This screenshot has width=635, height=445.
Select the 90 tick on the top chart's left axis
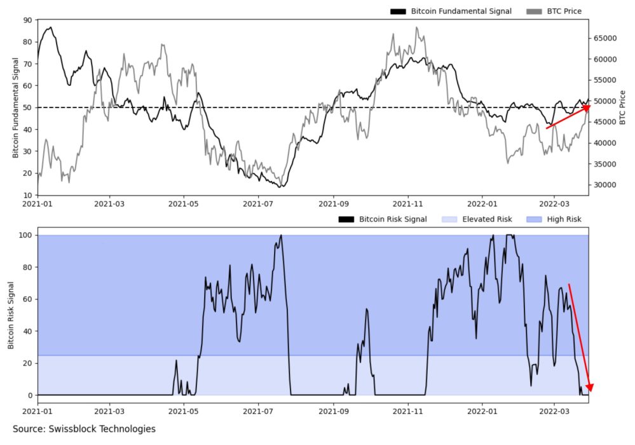pyautogui.click(x=27, y=20)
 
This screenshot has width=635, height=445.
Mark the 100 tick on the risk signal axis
pyautogui.click(x=25, y=236)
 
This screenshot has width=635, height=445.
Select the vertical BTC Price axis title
pyautogui.click(x=623, y=107)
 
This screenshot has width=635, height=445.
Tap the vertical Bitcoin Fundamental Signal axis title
pyautogui.click(x=15, y=107)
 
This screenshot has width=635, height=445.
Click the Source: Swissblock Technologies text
pyautogui.click(x=84, y=429)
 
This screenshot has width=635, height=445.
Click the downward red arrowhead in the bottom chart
pyautogui.click(x=591, y=387)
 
